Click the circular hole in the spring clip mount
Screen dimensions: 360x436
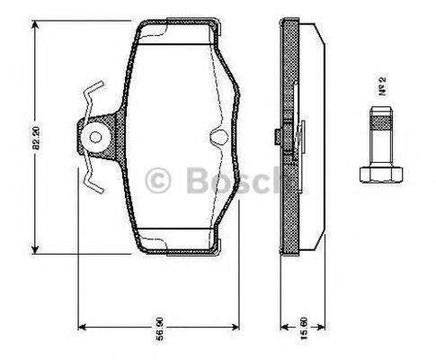click(94, 138)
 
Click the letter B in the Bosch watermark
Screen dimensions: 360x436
click(198, 180)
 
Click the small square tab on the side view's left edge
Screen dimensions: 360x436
click(273, 138)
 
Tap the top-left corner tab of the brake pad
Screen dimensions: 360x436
click(143, 24)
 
